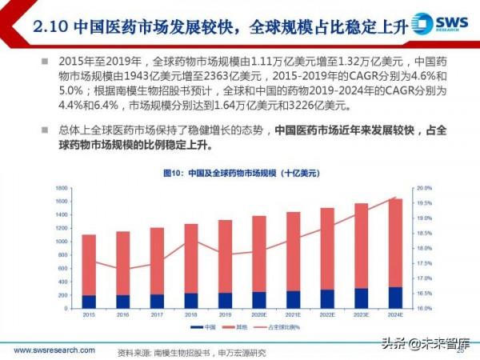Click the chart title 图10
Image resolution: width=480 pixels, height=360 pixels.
tap(239, 173)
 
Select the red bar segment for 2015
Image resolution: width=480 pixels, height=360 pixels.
tap(88, 265)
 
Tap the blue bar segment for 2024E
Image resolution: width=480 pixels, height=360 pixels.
tap(396, 298)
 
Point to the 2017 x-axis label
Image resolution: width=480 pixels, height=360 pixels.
tap(157, 315)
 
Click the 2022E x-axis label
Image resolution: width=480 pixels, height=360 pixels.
tap(328, 315)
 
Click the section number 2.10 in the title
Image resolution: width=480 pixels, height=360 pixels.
tap(50, 26)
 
